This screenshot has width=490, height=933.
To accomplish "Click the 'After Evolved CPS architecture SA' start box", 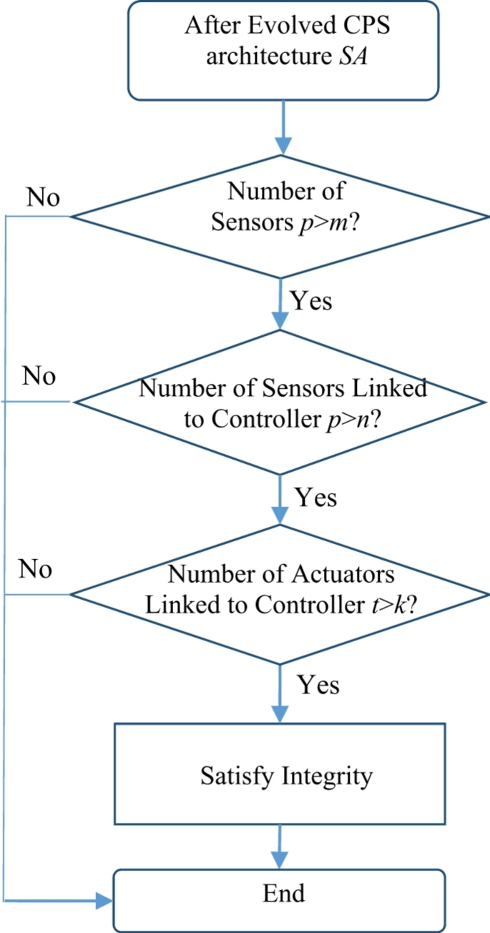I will [x=283, y=49].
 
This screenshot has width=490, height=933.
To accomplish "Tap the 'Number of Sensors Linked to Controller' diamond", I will [x=283, y=403].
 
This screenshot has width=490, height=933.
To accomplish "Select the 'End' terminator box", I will [x=283, y=894].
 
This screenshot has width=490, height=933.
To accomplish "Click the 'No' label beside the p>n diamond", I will [x=39, y=375].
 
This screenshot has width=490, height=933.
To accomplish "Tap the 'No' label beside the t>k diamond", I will [x=36, y=570].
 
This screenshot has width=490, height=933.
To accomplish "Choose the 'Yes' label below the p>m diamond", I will [x=311, y=301].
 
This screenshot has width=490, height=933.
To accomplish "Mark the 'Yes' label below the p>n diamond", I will [x=315, y=497].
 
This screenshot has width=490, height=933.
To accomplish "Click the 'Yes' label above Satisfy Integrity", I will [x=318, y=685].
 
